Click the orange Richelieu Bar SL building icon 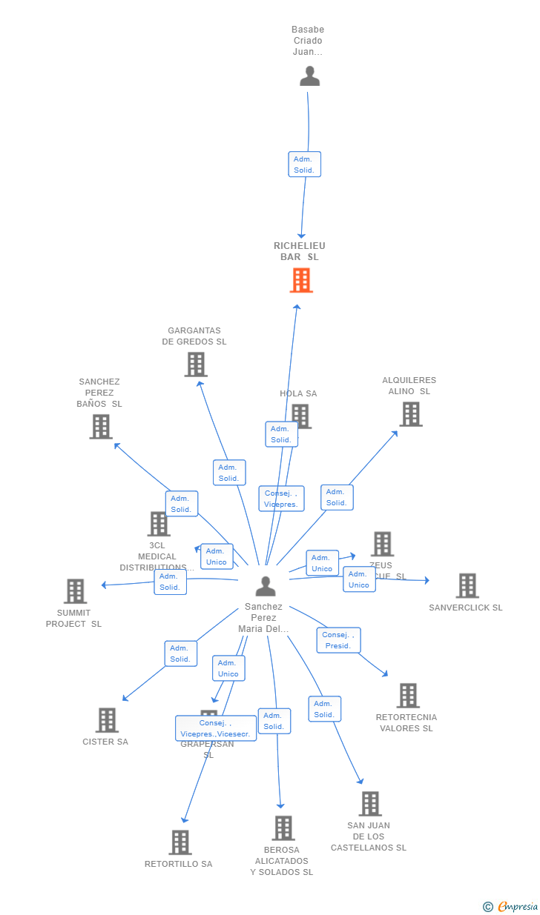(x=301, y=281)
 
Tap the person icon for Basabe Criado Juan (x=309, y=76)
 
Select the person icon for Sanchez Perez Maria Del (x=265, y=586)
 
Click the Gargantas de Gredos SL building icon (x=196, y=365)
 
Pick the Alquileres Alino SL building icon (x=410, y=414)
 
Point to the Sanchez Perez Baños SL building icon (x=101, y=427)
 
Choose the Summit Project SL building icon (x=75, y=591)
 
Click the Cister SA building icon (x=107, y=720)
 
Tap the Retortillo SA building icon (x=180, y=842)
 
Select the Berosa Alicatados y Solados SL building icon (x=283, y=828)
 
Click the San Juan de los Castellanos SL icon (x=369, y=804)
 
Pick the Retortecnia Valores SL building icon (x=407, y=696)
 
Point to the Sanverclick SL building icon (x=467, y=586)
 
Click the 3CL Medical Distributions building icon (x=158, y=524)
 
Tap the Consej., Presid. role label (x=338, y=640)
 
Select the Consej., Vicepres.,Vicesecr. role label (x=216, y=728)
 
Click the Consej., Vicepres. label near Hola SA (x=281, y=499)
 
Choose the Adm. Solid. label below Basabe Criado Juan (x=304, y=164)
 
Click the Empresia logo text (x=518, y=907)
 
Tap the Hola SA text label (x=298, y=393)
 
